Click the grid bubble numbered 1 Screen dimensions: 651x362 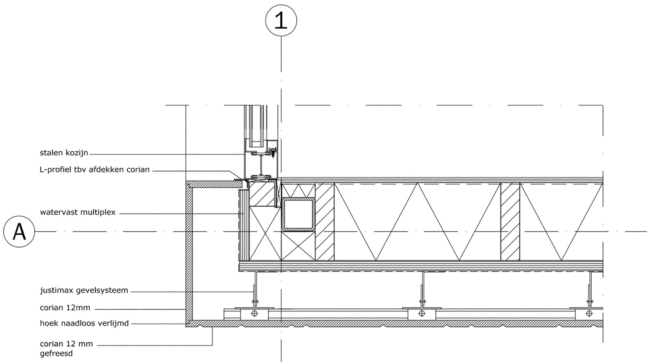281,20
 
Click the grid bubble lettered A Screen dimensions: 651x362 19,232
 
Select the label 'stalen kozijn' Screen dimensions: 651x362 64,153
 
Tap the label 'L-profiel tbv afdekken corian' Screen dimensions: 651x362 95,170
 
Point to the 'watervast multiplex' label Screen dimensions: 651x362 78,212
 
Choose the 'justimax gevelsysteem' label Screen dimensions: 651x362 84,290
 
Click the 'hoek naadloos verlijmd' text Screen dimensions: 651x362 84,323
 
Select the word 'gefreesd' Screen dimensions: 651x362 56,354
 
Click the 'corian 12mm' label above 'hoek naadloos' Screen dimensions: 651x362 65,308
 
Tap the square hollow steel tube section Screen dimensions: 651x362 298,215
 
